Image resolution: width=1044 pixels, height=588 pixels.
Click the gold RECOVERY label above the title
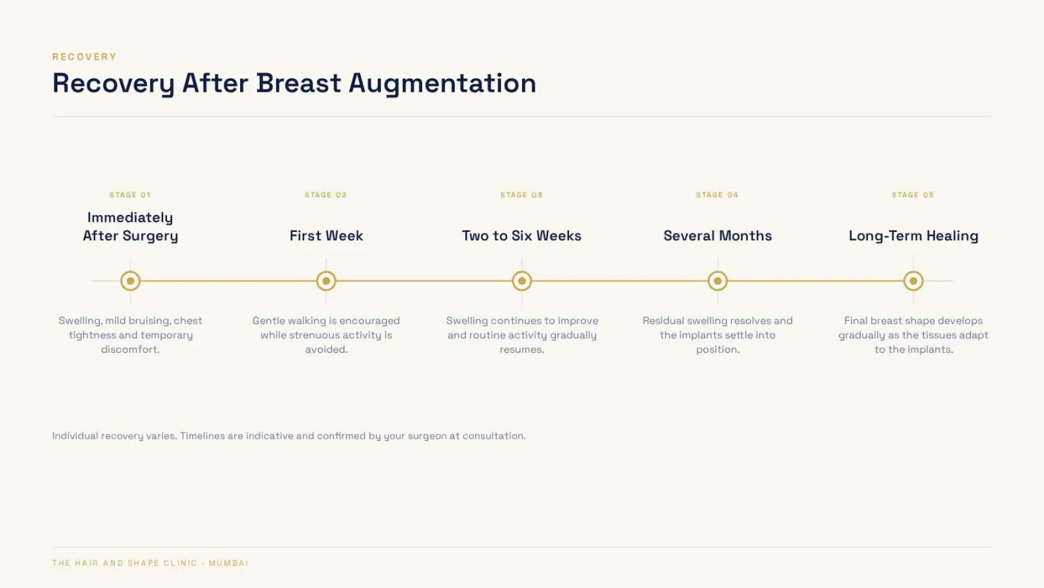coord(84,57)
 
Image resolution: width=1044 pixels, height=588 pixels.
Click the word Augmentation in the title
coord(442,84)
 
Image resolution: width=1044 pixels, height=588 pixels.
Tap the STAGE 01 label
coord(130,195)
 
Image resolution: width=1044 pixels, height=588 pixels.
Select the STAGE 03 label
coord(521,195)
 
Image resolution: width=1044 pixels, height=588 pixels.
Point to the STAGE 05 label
coord(913,195)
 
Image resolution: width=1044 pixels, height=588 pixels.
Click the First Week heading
coord(327,236)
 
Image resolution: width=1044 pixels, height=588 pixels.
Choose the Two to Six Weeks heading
coord(521,236)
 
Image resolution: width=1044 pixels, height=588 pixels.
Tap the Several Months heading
coord(717,236)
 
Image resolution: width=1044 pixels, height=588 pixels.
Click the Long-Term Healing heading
coord(913,236)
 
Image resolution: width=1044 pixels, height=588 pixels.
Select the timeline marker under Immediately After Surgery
coord(130,281)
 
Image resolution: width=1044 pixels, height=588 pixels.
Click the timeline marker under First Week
coord(327,281)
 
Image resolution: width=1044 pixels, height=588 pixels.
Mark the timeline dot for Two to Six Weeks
coord(522,281)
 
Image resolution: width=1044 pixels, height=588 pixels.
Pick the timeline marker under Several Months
coord(717,281)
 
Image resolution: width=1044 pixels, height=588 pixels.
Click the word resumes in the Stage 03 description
coord(521,349)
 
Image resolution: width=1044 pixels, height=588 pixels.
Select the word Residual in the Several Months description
coord(663,321)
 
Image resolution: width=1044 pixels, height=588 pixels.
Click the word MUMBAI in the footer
coord(229,563)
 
